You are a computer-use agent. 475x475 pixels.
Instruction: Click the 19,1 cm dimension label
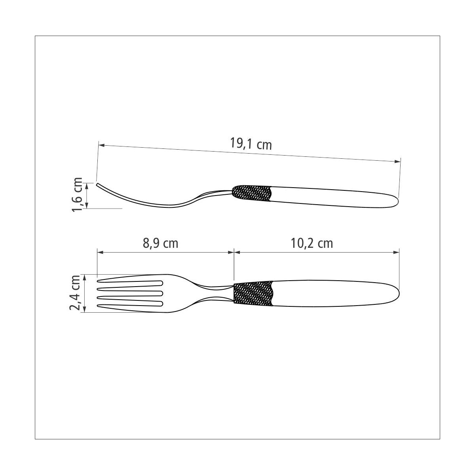(x=251, y=143)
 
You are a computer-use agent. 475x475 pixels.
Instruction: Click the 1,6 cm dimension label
(x=77, y=194)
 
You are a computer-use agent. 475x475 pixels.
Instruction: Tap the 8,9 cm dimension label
(x=160, y=243)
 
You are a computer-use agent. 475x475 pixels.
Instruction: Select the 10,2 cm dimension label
(x=312, y=243)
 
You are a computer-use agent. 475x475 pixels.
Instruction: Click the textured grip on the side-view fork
(x=252, y=193)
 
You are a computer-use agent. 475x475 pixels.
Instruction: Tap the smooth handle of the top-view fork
(x=335, y=293)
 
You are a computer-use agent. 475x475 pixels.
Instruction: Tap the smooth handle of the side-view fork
(x=334, y=197)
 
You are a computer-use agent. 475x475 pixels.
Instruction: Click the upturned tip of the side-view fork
(x=97, y=184)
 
